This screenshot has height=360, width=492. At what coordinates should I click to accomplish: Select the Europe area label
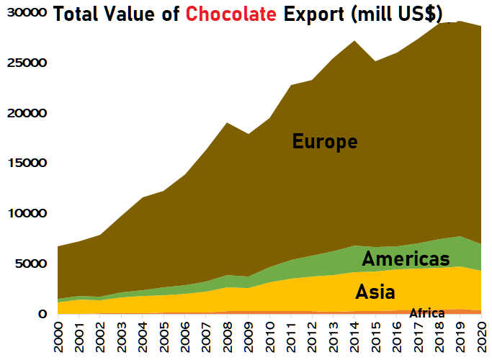[325, 141]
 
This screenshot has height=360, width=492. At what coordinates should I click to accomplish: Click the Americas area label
[406, 258]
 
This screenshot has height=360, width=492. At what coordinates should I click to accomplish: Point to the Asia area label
[375, 292]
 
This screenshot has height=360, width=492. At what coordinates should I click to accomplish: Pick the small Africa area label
[426, 313]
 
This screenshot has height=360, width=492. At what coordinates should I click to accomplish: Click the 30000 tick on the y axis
[24, 13]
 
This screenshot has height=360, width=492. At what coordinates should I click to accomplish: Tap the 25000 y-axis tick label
[24, 63]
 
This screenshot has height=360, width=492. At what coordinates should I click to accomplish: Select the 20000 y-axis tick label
[24, 114]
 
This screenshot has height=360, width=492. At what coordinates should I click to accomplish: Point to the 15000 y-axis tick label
[24, 163]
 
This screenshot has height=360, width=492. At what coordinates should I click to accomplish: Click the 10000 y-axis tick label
[24, 214]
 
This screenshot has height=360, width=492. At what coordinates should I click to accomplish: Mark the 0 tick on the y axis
[42, 315]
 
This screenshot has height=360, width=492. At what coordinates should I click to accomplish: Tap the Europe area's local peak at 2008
[228, 124]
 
